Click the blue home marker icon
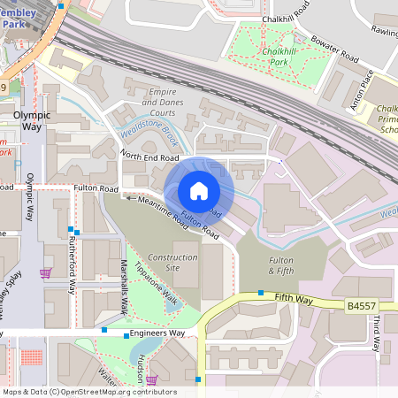199,190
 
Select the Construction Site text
172,263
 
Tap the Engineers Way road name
157,333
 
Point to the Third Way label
376,333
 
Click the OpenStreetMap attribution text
88,392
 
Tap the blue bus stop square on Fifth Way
260,293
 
